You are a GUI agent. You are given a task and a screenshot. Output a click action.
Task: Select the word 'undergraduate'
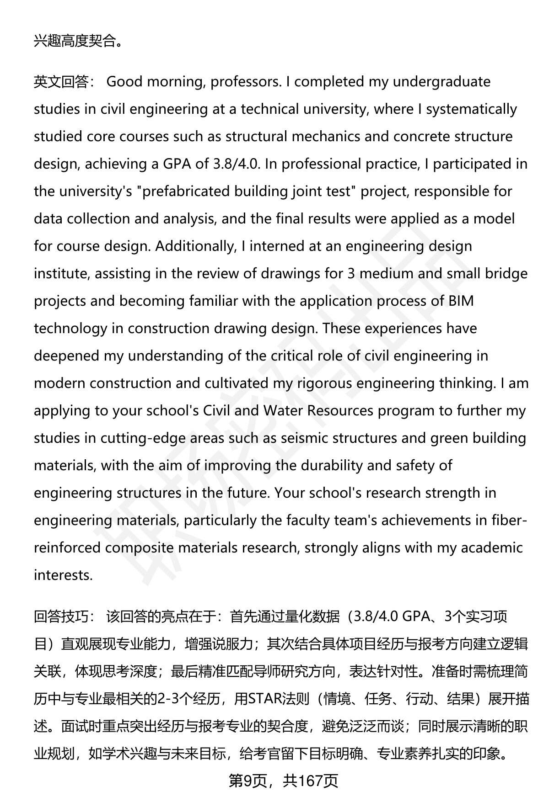coord(441,82)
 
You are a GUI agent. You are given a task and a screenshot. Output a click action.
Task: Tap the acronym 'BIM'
coord(461,301)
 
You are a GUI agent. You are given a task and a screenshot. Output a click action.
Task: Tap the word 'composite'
coord(140,548)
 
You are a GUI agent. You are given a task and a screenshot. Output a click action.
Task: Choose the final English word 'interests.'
coord(63,575)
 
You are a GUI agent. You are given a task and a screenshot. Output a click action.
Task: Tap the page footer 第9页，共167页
coord(283,781)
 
